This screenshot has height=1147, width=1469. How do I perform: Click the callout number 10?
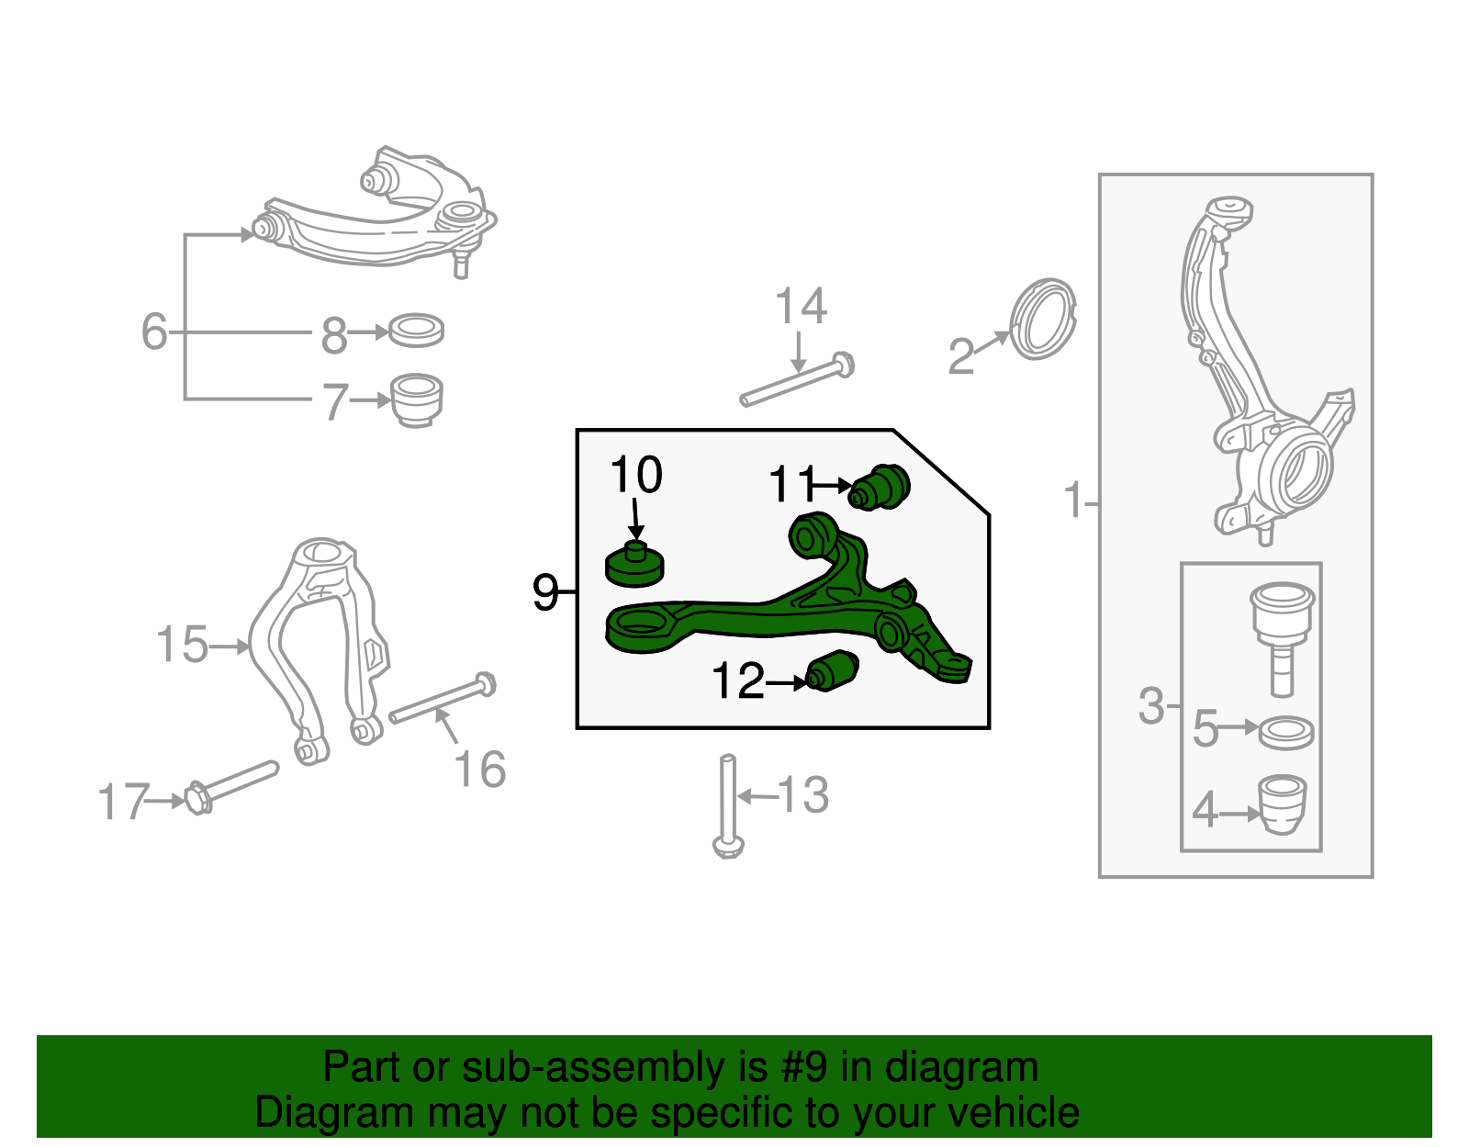(x=635, y=476)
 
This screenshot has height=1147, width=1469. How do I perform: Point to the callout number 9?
(x=545, y=592)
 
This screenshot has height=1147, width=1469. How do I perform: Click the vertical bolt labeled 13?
(x=728, y=804)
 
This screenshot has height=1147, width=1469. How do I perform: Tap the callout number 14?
(x=801, y=306)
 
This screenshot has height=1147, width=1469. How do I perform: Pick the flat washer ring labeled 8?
(x=416, y=331)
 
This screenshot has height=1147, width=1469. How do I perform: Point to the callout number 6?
(x=154, y=332)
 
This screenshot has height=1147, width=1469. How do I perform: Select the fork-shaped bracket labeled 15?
(x=317, y=643)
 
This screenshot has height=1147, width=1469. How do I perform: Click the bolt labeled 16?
(x=443, y=700)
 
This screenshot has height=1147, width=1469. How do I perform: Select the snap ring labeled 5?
(x=1285, y=732)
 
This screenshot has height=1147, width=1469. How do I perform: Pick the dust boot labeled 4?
(x=1282, y=804)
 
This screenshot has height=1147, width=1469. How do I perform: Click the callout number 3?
(x=1150, y=706)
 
